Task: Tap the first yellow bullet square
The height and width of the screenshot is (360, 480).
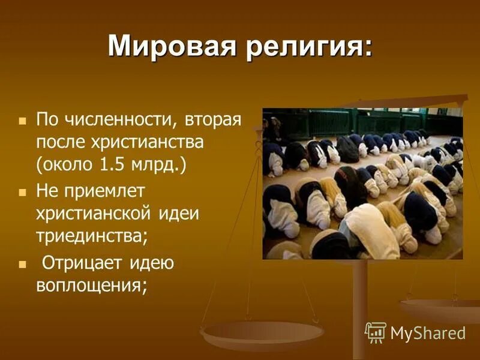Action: pyautogui.click(x=23, y=121)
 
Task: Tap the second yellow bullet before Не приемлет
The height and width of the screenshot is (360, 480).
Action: pyautogui.click(x=23, y=193)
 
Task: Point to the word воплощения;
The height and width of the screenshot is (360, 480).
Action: pyautogui.click(x=92, y=286)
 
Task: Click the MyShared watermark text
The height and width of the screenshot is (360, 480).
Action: pyautogui.click(x=428, y=333)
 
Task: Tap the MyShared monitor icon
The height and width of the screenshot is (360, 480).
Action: pyautogui.click(x=376, y=332)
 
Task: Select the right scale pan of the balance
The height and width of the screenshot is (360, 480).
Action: pyautogui.click(x=441, y=309)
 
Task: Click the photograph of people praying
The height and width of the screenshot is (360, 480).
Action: pyautogui.click(x=362, y=184)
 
